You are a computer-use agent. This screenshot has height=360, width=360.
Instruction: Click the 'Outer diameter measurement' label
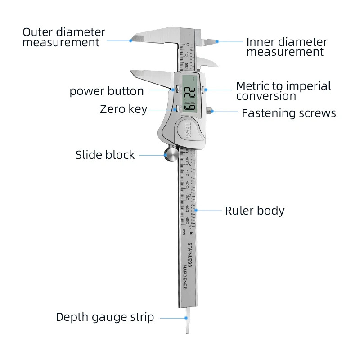point(64,38)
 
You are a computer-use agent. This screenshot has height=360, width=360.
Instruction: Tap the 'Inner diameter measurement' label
point(287,47)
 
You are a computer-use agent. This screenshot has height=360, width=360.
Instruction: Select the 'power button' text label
point(107,91)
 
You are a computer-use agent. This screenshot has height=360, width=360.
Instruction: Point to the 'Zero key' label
point(123,109)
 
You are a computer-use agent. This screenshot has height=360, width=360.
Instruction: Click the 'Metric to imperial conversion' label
point(283,91)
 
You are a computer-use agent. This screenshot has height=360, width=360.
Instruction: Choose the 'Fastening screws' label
point(289,113)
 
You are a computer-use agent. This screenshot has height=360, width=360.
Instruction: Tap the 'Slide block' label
point(105,155)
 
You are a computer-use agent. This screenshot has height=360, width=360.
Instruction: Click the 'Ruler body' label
point(255,211)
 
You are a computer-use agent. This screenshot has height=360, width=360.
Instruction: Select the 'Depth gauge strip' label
point(105,317)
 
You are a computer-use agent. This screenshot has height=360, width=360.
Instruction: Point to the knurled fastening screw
point(210,110)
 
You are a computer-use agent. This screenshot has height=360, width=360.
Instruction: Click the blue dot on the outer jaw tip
point(131,40)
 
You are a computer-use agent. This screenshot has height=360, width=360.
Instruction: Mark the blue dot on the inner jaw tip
point(217,42)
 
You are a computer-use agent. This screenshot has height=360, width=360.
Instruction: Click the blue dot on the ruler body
point(197,210)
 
